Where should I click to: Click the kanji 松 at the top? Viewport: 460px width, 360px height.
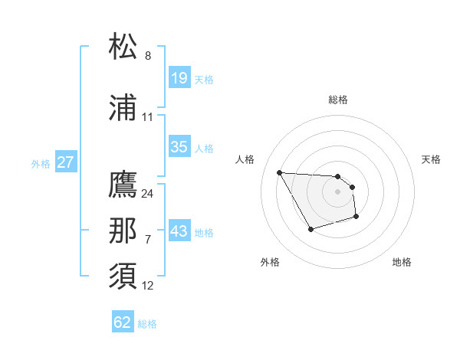pyautogui.click(x=123, y=47)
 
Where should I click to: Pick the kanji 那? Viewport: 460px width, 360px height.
pyautogui.click(x=123, y=232)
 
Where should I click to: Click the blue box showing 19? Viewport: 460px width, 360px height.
pyautogui.click(x=179, y=78)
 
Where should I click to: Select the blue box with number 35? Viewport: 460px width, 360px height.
pyautogui.click(x=179, y=147)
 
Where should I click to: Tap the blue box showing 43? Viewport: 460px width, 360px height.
pyautogui.click(x=179, y=231)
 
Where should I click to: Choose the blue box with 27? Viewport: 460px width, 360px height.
pyautogui.click(x=66, y=162)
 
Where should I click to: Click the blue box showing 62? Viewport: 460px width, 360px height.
pyautogui.click(x=123, y=322)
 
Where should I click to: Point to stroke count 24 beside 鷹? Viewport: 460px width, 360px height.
pyautogui.click(x=148, y=193)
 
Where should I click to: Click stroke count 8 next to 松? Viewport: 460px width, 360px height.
pyautogui.click(x=148, y=56)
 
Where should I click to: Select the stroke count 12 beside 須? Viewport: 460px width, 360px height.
pyautogui.click(x=148, y=286)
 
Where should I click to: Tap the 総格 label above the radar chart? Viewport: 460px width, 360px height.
pyautogui.click(x=338, y=100)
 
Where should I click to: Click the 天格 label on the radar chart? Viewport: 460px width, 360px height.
pyautogui.click(x=432, y=159)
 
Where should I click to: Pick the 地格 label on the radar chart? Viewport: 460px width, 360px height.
pyautogui.click(x=402, y=262)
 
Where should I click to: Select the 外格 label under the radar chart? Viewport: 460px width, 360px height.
pyautogui.click(x=270, y=262)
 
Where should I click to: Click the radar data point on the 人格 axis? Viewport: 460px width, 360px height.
pyautogui.click(x=279, y=172)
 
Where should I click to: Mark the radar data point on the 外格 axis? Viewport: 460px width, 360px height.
pyautogui.click(x=310, y=229)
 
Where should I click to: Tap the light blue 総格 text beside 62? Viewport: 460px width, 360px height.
pyautogui.click(x=147, y=324)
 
